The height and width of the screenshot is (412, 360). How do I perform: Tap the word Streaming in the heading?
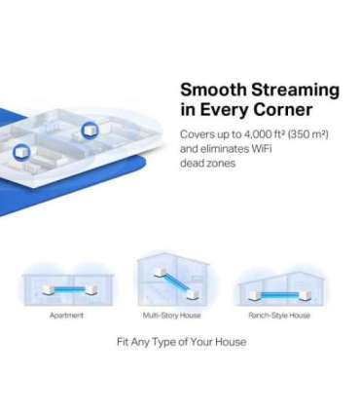coord(292,91)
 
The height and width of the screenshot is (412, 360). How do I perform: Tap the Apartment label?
coord(66,316)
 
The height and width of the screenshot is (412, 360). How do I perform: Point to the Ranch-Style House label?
coord(279,316)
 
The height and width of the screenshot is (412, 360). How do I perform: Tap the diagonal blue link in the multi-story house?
coord(171,281)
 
